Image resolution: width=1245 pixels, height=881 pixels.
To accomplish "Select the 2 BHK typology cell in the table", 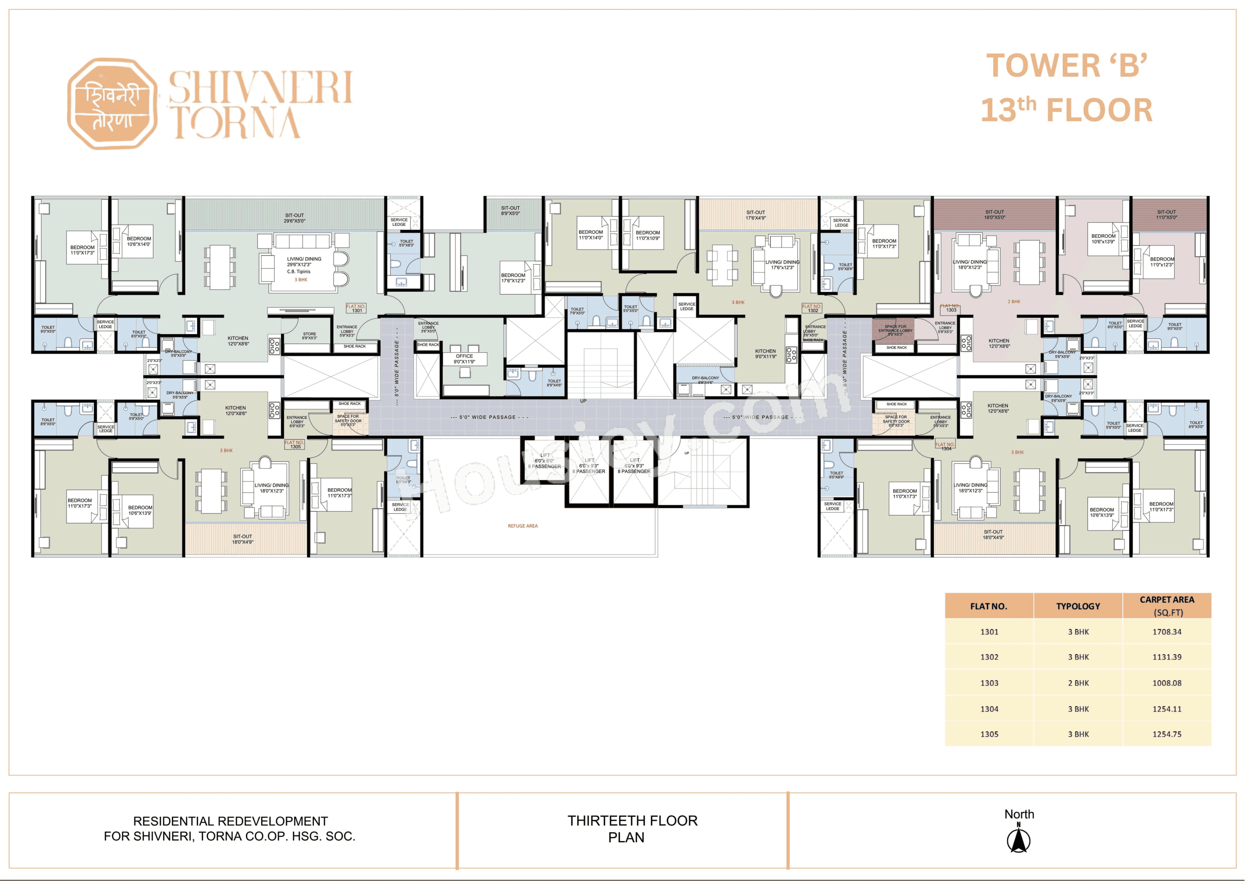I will [1078, 683].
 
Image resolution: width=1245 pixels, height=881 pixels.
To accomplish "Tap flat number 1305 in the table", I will [989, 734].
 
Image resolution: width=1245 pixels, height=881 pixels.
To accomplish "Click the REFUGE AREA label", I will [523, 526].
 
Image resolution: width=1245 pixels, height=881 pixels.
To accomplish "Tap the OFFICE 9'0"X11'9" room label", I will [464, 358].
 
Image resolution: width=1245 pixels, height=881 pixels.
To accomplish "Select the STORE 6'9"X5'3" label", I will [309, 336].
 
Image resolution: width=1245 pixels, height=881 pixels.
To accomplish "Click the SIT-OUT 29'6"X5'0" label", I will [294, 218].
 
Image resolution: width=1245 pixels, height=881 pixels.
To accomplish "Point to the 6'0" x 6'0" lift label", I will [544, 460].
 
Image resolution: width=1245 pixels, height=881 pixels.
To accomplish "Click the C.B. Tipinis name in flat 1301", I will [299, 271].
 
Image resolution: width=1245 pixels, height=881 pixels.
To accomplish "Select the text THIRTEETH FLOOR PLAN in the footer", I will [632, 828].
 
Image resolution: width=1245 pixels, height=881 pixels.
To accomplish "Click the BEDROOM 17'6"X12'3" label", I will [513, 278].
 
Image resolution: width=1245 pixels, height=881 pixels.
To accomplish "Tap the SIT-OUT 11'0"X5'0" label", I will [1166, 215].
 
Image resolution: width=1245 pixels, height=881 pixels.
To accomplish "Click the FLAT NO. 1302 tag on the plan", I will [812, 308].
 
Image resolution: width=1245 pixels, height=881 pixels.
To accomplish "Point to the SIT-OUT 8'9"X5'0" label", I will [510, 210].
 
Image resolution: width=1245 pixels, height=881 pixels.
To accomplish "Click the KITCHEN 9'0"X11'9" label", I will [765, 354].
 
